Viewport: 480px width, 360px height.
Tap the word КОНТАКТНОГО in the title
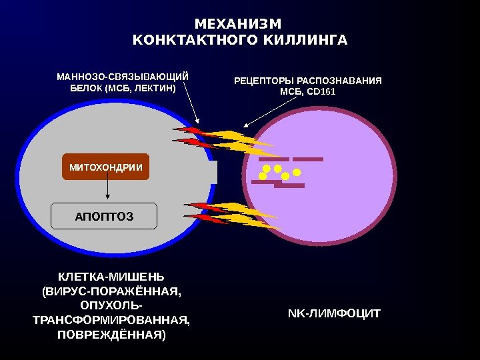click(x=191, y=41)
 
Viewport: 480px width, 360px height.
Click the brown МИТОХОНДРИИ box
click(x=105, y=167)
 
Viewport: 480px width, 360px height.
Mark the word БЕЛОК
click(x=85, y=88)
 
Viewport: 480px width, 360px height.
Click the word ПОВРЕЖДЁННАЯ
click(x=111, y=333)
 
